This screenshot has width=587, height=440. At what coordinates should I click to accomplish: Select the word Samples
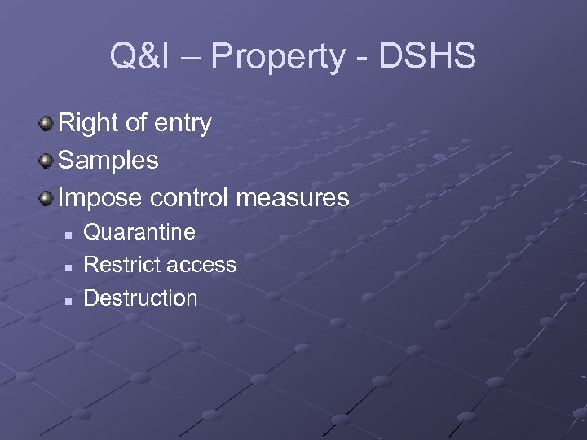point(108,161)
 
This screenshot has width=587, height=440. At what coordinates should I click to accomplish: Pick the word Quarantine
point(139,233)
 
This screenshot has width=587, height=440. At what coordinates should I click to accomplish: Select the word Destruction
point(140,298)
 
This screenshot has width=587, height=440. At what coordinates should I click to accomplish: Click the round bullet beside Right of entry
point(47,124)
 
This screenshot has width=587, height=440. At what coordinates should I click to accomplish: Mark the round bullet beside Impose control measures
point(47,197)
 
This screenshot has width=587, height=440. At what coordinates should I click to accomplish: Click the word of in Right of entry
point(135,124)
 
